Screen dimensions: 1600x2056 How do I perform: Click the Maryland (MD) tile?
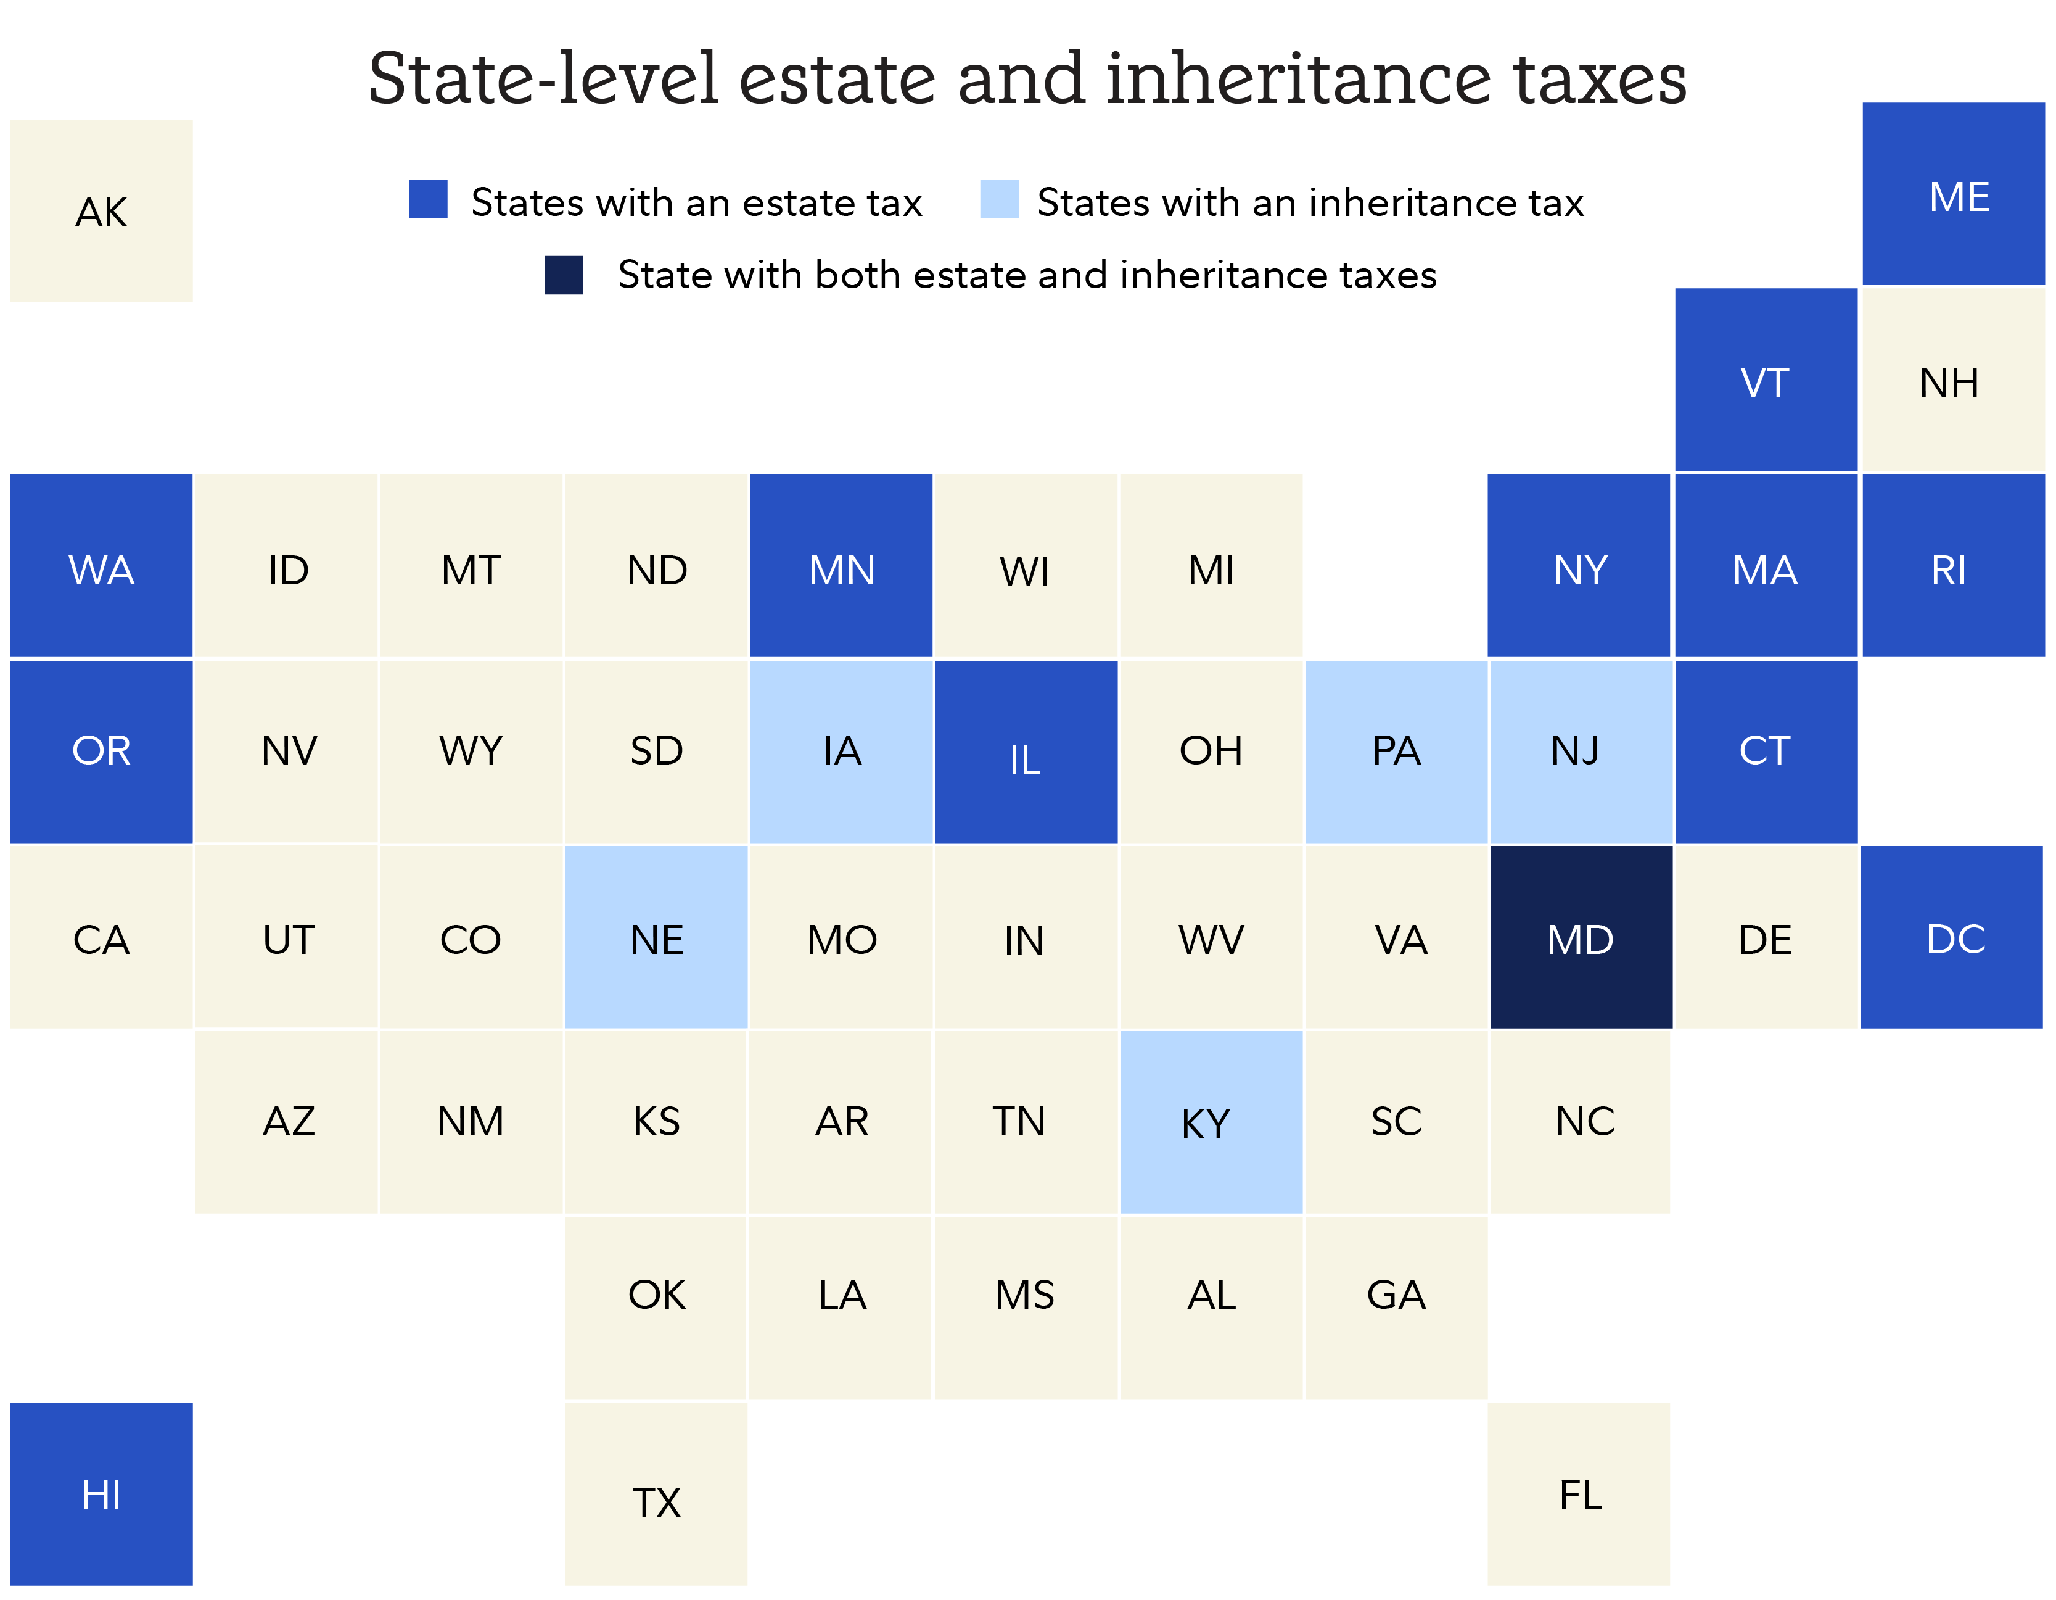click(1581, 937)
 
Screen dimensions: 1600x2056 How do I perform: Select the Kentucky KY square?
click(1211, 1122)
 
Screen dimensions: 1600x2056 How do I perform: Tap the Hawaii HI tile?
click(102, 1494)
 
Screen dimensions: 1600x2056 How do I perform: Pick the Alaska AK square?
click(102, 211)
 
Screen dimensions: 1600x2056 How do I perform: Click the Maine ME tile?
click(1954, 194)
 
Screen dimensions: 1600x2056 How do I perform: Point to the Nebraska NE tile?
click(656, 937)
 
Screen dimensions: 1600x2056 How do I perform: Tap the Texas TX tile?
click(656, 1494)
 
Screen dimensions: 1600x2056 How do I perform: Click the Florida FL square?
click(1579, 1494)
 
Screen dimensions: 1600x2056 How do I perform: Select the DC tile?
click(1952, 937)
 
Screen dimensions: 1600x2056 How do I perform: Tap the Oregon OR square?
click(102, 752)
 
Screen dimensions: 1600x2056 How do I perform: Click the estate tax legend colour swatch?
click(429, 200)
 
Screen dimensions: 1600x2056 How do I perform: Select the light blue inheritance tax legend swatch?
click(999, 200)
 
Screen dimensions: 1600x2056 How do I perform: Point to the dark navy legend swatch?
click(564, 275)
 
